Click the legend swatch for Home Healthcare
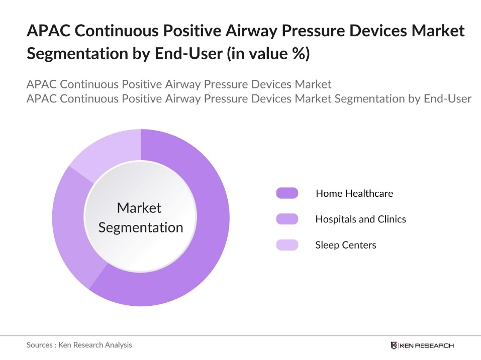coord(287,193)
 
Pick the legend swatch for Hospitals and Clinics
coord(287,219)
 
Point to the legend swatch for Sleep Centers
coord(287,245)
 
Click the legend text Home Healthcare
coord(354,193)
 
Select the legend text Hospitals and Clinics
coord(360,219)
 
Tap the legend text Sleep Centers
coord(345,245)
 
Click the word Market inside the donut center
coord(139,207)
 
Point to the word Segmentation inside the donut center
coord(140,227)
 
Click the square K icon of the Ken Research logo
coord(394,345)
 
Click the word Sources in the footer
coord(40,345)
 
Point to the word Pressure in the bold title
coord(299,31)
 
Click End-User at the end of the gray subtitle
coord(447,98)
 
